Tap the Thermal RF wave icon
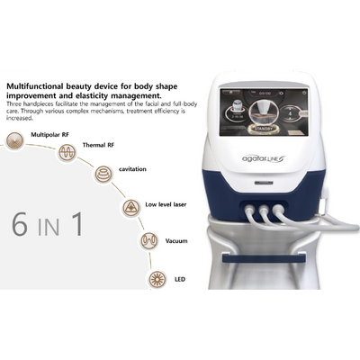pyautogui.click(x=66, y=152)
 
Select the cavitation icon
pyautogui.click(x=104, y=173)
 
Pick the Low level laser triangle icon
pyautogui.click(x=130, y=206)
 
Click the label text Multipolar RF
pyautogui.click(x=51, y=134)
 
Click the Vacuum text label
pyautogui.click(x=176, y=241)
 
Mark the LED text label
pyautogui.click(x=180, y=280)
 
